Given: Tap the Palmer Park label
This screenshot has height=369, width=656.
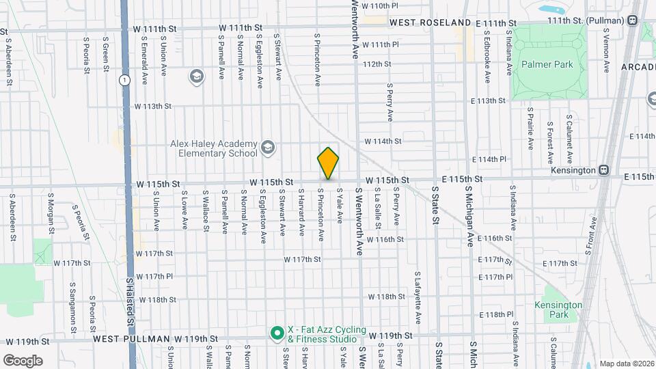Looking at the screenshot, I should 546,64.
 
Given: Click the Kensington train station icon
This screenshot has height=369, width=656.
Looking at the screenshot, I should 604,169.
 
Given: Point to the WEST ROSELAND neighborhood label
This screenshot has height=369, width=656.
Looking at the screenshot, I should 431,23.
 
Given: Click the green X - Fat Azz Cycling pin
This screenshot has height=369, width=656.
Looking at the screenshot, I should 277,333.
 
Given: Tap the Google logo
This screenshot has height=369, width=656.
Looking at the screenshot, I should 23,360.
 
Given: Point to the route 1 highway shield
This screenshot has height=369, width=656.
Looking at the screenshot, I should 124,80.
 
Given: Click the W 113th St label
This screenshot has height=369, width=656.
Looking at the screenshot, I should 152,107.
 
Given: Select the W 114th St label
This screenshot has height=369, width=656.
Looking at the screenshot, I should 382,141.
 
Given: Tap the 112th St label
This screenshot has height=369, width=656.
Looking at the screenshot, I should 377,64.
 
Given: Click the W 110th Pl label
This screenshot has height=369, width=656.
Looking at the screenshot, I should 380,5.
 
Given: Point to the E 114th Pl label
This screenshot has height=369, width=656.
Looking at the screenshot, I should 492,159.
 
